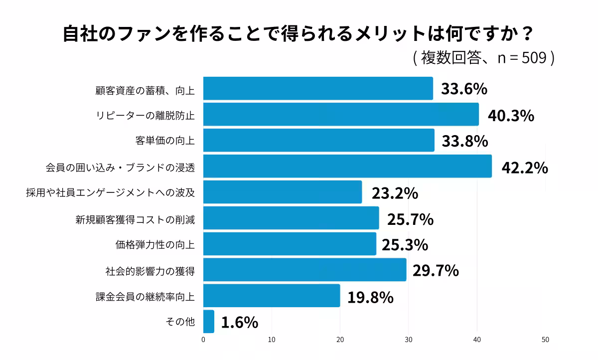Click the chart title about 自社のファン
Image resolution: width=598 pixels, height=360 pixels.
[x=299, y=35]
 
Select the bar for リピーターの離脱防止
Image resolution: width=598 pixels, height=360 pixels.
[x=341, y=114]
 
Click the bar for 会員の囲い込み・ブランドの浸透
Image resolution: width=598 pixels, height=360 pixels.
[x=347, y=166]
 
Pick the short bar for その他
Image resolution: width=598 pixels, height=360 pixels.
[x=209, y=322]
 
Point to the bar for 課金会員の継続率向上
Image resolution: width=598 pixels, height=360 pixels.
[x=272, y=296]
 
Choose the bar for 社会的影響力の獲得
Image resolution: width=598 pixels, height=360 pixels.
[x=304, y=270]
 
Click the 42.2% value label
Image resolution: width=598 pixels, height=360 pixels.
[x=524, y=168]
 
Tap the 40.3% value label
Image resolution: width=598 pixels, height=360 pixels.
[x=511, y=116]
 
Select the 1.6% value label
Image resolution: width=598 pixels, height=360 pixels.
[x=239, y=323]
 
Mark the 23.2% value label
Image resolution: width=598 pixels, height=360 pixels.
[x=394, y=193]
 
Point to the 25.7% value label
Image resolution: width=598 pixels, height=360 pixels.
[x=410, y=219]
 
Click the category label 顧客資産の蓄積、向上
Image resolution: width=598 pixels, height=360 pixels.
[x=145, y=90]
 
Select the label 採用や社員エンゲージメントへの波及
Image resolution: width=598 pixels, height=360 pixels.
[x=110, y=193]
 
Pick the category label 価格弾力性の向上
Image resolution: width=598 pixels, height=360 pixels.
[x=155, y=245]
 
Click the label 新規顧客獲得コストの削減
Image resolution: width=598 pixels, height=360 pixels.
[x=135, y=219]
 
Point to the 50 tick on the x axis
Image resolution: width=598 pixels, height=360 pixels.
[x=545, y=340]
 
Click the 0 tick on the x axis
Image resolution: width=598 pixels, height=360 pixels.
[x=203, y=340]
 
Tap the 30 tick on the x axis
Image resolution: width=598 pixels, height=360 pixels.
[x=409, y=340]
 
